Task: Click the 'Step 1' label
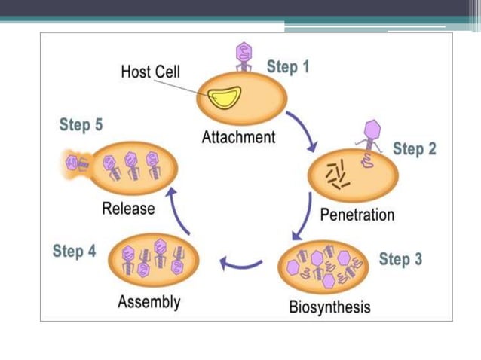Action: point(288,67)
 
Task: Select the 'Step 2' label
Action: point(414,148)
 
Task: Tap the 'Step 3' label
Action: point(400,260)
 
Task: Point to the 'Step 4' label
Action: point(74,251)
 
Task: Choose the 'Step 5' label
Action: point(81,125)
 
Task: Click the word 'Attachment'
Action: point(238,137)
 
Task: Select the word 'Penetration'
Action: point(357,215)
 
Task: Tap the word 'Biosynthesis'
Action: point(329,307)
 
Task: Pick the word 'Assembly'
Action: point(149,302)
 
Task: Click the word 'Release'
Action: point(128,209)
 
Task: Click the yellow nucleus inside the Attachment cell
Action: point(224,96)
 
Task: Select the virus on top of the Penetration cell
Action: point(370,136)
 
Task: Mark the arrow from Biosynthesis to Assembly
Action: point(240,263)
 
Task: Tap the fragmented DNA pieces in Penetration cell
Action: point(335,175)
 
